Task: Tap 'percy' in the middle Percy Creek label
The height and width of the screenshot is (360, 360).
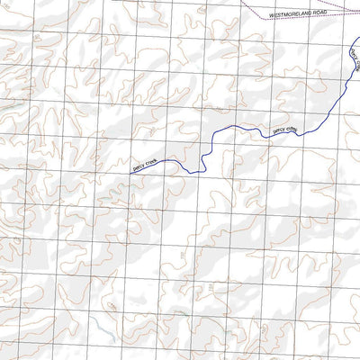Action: tap(279, 130)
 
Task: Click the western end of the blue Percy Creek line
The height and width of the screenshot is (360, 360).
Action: tap(131, 172)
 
